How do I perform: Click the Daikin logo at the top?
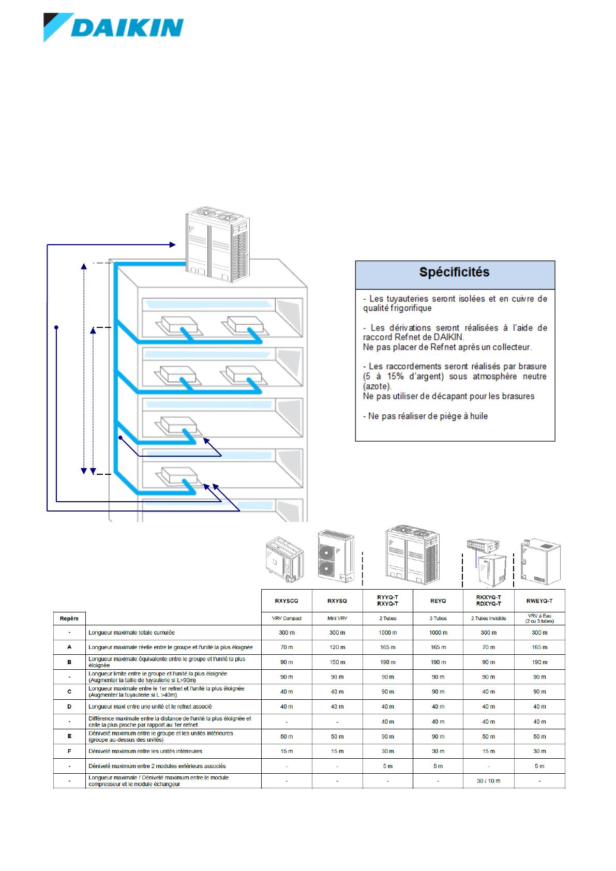[113, 28]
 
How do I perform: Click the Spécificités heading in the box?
[454, 273]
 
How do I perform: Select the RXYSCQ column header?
[287, 601]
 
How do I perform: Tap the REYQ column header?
[438, 601]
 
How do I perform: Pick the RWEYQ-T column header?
[539, 601]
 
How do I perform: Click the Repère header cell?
[69, 618]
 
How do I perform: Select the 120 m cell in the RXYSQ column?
[337, 647]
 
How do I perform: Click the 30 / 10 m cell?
[488, 780]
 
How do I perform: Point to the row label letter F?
[69, 751]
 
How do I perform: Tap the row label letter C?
[69, 692]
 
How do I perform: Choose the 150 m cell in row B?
[337, 662]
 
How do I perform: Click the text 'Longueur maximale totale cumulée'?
[131, 633]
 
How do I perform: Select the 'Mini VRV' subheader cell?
[337, 618]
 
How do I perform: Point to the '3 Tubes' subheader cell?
[438, 618]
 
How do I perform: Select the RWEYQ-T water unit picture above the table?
[539, 561]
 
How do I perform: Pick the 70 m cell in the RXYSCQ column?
[287, 647]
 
